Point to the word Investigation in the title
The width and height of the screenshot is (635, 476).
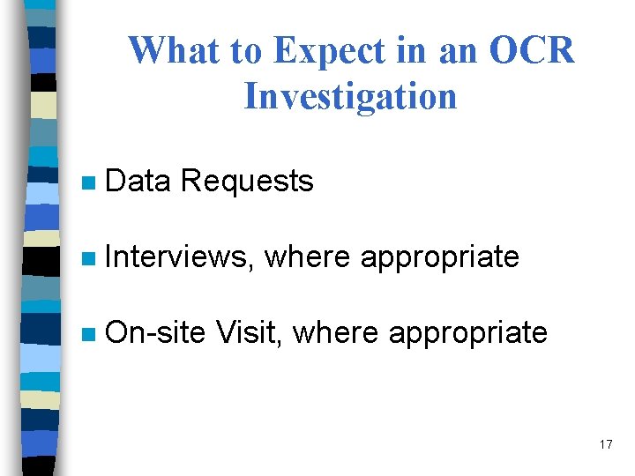point(350,96)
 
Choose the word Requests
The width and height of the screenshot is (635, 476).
point(246,182)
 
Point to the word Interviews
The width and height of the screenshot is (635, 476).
point(179,257)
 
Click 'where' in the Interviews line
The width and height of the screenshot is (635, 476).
point(308,257)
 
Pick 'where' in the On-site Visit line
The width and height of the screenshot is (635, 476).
point(335,333)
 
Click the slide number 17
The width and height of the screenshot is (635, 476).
point(605,444)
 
